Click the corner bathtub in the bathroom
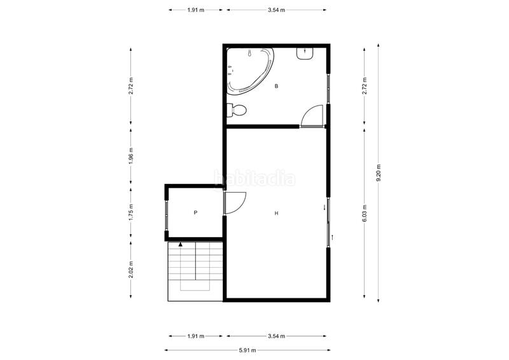(250, 71)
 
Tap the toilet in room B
(237, 110)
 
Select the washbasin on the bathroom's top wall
(305, 53)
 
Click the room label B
(276, 86)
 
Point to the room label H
(276, 214)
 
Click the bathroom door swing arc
(312, 116)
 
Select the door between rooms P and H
(233, 204)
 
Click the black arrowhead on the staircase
(181, 244)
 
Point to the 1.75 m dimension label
(131, 211)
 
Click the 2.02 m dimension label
(131, 269)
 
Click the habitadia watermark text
(254, 179)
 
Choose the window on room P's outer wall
(167, 214)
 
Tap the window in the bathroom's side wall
(328, 88)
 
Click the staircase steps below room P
(195, 270)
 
